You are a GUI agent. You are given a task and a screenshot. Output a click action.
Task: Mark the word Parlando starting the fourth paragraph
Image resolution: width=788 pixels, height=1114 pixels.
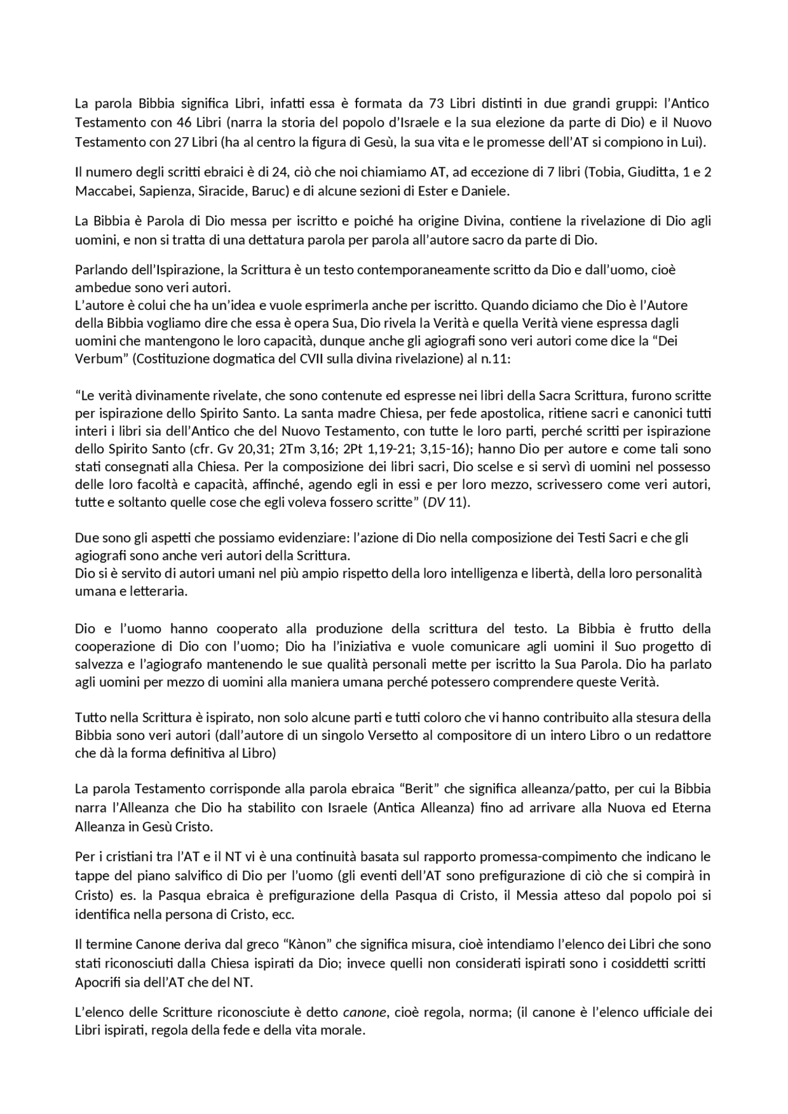tap(99, 269)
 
